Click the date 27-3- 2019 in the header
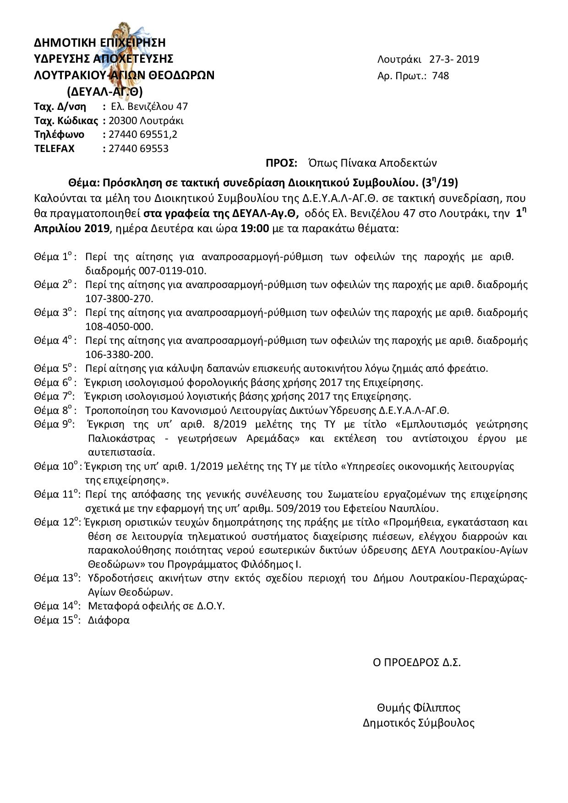point(454,59)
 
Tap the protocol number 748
point(440,76)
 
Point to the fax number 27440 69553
point(138,148)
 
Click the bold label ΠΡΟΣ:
point(281,163)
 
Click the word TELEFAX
point(54,148)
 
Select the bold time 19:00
point(254,228)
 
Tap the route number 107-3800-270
point(119,298)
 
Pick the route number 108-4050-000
point(119,326)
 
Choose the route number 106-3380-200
point(119,354)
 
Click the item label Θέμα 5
point(53,369)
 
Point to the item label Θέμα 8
point(53,410)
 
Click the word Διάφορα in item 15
point(109,620)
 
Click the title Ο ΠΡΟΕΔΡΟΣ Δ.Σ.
point(416,662)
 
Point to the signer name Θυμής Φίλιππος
point(418,708)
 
